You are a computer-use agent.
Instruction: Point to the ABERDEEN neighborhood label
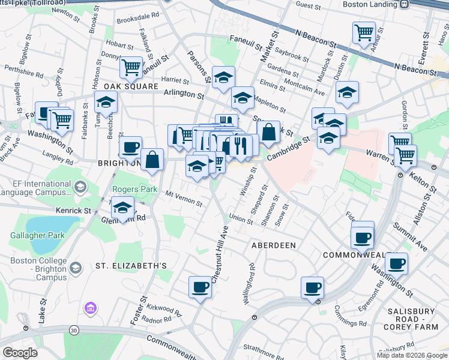coord(273,245)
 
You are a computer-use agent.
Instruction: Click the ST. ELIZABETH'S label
coord(130,265)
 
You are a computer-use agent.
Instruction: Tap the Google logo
coord(20,353)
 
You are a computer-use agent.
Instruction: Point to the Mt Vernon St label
coord(184,198)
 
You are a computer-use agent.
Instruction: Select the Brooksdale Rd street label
coord(137,16)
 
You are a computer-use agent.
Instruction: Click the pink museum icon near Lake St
coord(91,308)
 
